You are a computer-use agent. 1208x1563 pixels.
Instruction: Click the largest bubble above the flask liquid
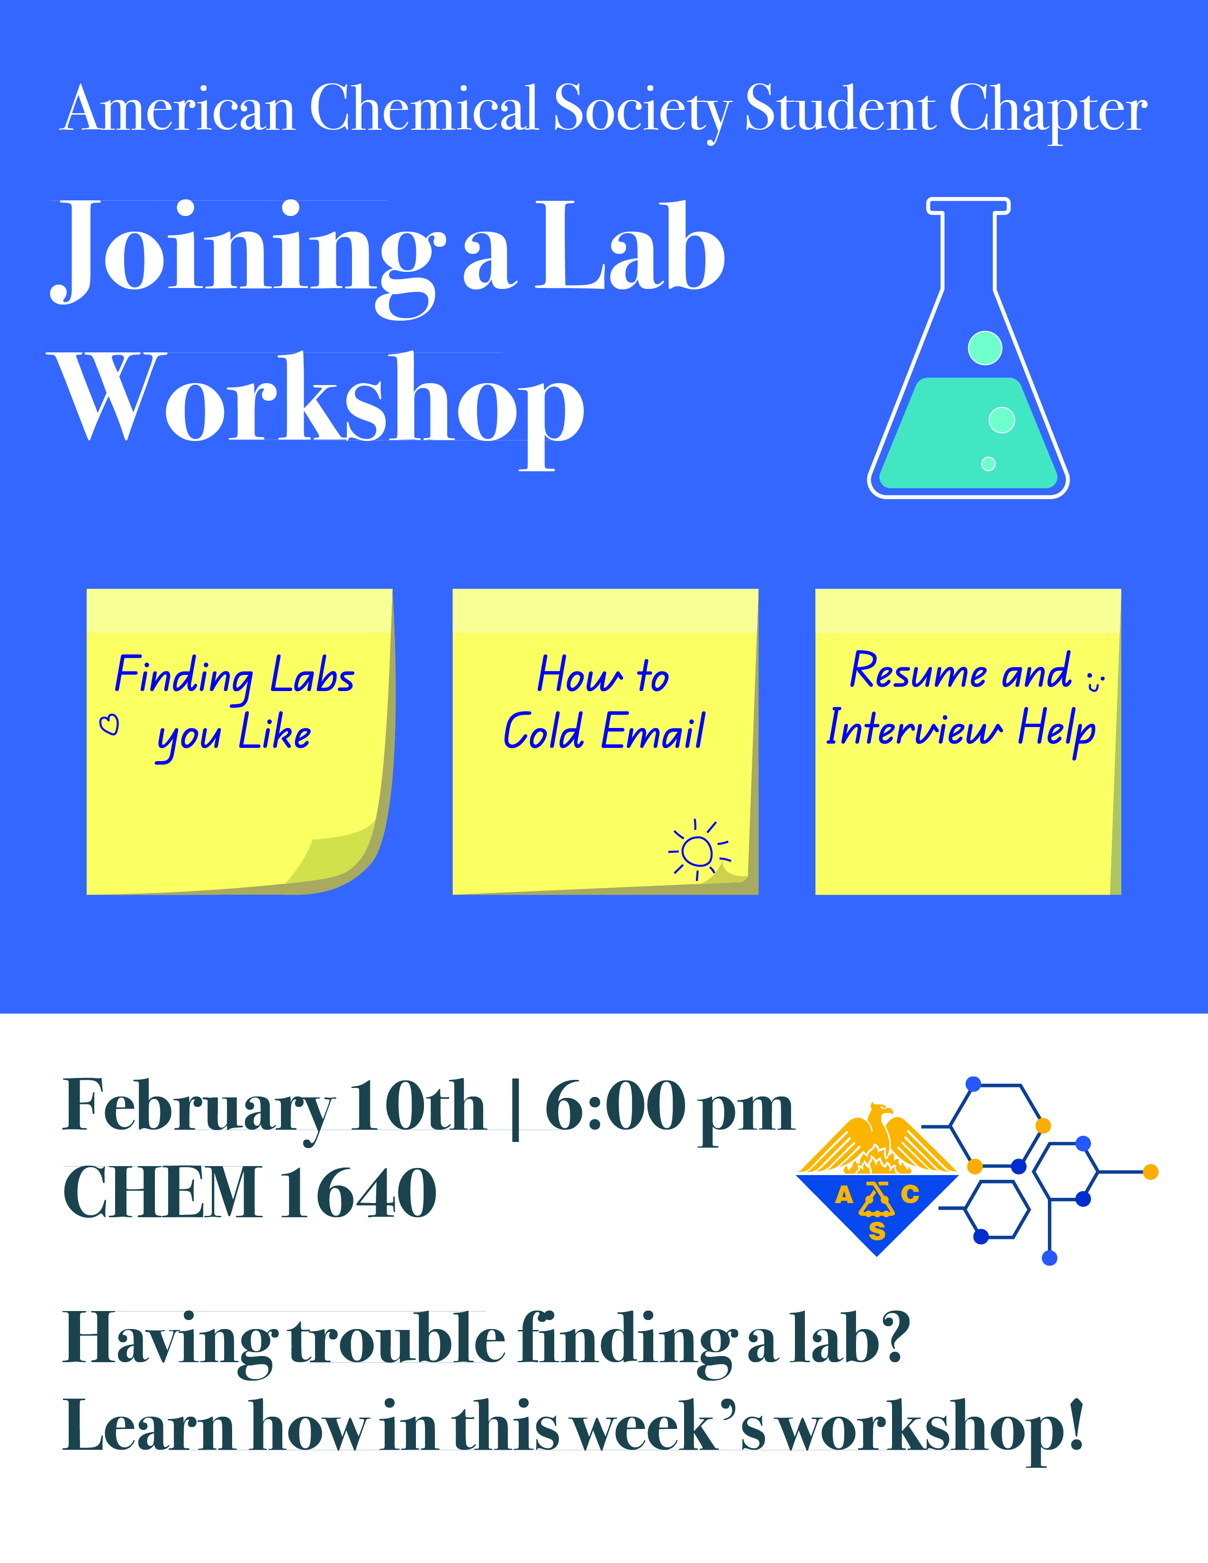click(x=985, y=348)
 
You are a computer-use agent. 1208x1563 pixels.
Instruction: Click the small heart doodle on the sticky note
click(x=109, y=725)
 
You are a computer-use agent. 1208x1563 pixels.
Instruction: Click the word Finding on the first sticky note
click(x=184, y=677)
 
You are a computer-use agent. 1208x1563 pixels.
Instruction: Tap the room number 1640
click(x=358, y=1194)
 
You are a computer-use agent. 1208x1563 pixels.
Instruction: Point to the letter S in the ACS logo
click(x=877, y=1231)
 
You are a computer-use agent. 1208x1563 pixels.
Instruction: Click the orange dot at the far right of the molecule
click(x=1151, y=1171)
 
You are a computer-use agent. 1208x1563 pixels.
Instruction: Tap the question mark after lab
click(x=894, y=1337)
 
